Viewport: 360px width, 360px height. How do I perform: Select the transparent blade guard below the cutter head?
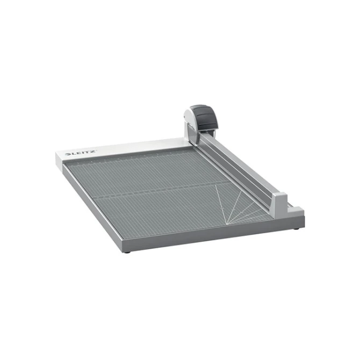[195, 134]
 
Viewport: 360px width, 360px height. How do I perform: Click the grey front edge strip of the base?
[215, 236]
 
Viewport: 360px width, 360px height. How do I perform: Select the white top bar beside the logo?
[140, 145]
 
